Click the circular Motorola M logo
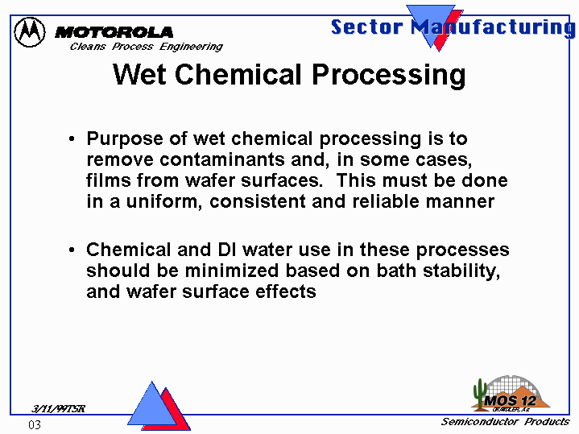click(30, 32)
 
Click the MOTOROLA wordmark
click(114, 32)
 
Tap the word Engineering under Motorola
click(191, 47)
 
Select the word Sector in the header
click(366, 27)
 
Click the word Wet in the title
click(139, 74)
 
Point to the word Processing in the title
click(388, 76)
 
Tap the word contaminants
click(222, 159)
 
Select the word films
click(109, 180)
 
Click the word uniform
click(162, 201)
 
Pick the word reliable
click(386, 201)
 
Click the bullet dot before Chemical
click(72, 250)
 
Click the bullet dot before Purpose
click(72, 139)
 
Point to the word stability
click(461, 271)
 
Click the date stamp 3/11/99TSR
click(58, 408)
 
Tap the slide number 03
click(35, 425)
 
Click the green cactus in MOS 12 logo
click(480, 394)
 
